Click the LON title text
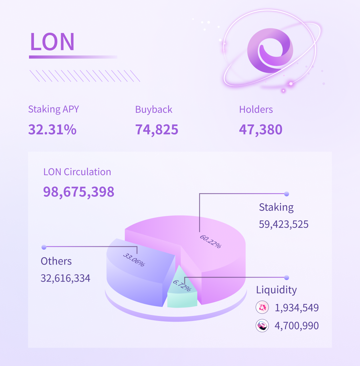click(52, 42)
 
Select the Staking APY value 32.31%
click(52, 129)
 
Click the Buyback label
click(154, 109)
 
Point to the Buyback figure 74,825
click(157, 129)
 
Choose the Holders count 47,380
click(261, 129)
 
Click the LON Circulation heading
click(77, 172)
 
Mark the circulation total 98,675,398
click(79, 192)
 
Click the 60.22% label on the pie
click(210, 241)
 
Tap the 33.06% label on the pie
click(134, 260)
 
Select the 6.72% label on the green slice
click(182, 286)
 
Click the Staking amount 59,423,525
click(284, 224)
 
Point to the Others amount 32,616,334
click(65, 278)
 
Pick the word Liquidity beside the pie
click(276, 290)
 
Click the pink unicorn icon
click(262, 308)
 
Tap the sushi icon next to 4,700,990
click(262, 325)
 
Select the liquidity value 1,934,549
click(297, 308)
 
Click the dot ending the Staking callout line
click(286, 194)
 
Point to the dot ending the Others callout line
click(44, 247)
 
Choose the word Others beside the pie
click(56, 261)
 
